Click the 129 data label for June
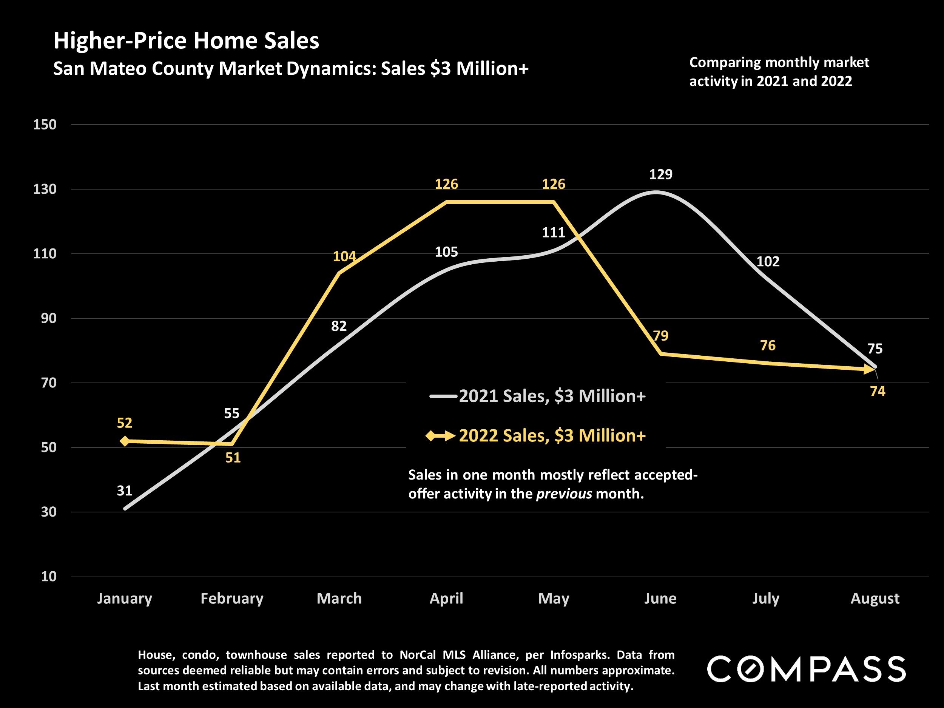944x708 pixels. tap(661, 174)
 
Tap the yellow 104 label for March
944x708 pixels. tap(344, 256)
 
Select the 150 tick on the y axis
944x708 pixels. tap(45, 125)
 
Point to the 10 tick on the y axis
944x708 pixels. tap(48, 577)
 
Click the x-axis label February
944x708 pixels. tap(232, 598)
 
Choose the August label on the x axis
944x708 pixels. tap(875, 598)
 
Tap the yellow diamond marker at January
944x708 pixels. tap(125, 441)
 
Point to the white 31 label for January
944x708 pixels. tap(125, 491)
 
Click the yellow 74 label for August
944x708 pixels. tap(878, 391)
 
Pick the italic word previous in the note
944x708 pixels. tap(564, 494)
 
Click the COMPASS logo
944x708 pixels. tap(806, 669)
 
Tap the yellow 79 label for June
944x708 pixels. tap(661, 336)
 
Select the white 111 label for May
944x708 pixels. tap(554, 233)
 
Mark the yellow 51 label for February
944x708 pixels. tap(233, 458)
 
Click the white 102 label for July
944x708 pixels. tap(768, 262)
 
